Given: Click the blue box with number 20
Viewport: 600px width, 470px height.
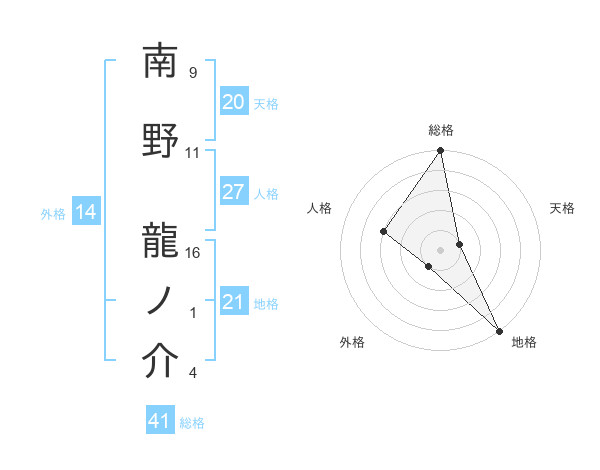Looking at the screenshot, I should click(x=234, y=102).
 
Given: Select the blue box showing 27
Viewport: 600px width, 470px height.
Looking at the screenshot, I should click(x=234, y=192).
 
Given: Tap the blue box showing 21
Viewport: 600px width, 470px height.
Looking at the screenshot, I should click(x=234, y=302).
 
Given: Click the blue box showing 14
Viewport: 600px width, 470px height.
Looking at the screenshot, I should click(x=85, y=212).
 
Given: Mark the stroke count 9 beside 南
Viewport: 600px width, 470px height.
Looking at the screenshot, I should click(x=193, y=73).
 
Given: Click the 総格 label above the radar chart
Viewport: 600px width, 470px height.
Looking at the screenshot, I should click(x=441, y=130).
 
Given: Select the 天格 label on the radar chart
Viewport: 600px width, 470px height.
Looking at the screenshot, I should click(x=562, y=208).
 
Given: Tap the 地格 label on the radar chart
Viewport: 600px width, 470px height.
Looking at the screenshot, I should click(x=524, y=342).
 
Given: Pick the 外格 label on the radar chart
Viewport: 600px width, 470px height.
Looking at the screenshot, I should click(x=352, y=342).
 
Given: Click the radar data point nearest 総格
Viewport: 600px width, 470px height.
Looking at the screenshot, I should click(x=440, y=152).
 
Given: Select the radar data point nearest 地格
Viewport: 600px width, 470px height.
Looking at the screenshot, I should click(x=498, y=329).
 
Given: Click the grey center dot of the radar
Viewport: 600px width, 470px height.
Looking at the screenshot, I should click(x=440, y=249).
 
